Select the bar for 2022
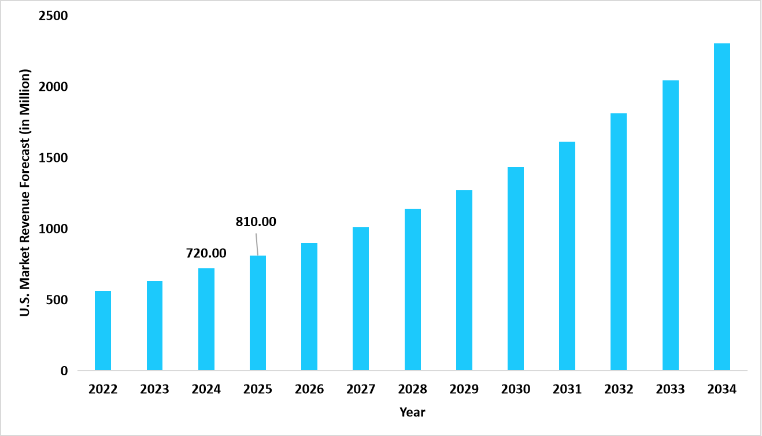point(103,330)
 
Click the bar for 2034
point(722,206)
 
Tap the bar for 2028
point(413,289)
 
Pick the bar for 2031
point(567,256)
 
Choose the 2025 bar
point(258,312)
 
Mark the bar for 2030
point(516,268)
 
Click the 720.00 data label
point(206,253)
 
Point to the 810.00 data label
point(256,221)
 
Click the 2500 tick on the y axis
point(53,16)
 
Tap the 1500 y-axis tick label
point(53,158)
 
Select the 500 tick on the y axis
point(57,300)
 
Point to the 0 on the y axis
point(64,371)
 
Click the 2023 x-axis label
point(154,389)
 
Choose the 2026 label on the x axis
point(309,389)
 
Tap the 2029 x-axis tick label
point(464,389)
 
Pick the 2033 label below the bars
point(671,389)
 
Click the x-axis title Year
point(412,412)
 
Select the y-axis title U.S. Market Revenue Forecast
point(25,194)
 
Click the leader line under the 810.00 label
point(256,243)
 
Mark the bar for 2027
point(361,298)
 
